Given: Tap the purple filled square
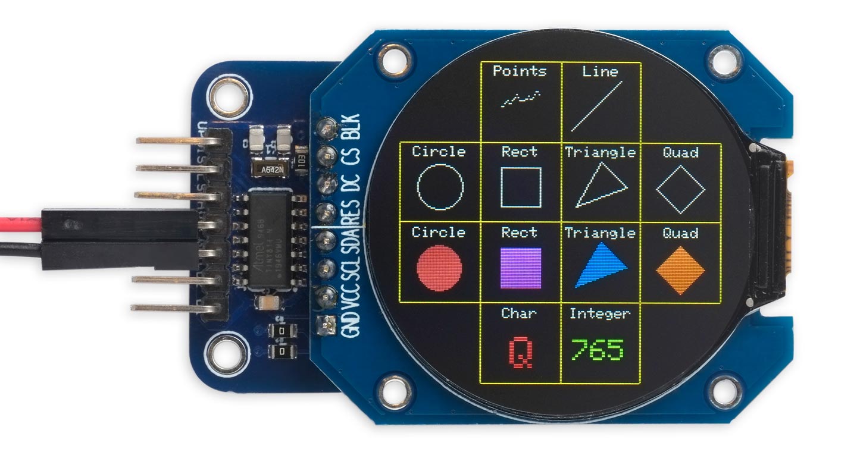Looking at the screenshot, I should click(x=521, y=268).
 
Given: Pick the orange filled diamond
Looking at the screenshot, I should click(x=680, y=269).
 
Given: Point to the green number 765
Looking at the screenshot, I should click(x=597, y=350).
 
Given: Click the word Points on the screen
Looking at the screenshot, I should click(x=520, y=71).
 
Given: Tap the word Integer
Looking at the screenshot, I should click(x=600, y=313).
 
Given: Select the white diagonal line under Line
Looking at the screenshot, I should click(x=597, y=106).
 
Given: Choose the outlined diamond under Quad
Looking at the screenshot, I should click(x=680, y=189).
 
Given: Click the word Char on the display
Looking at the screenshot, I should click(x=519, y=313).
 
